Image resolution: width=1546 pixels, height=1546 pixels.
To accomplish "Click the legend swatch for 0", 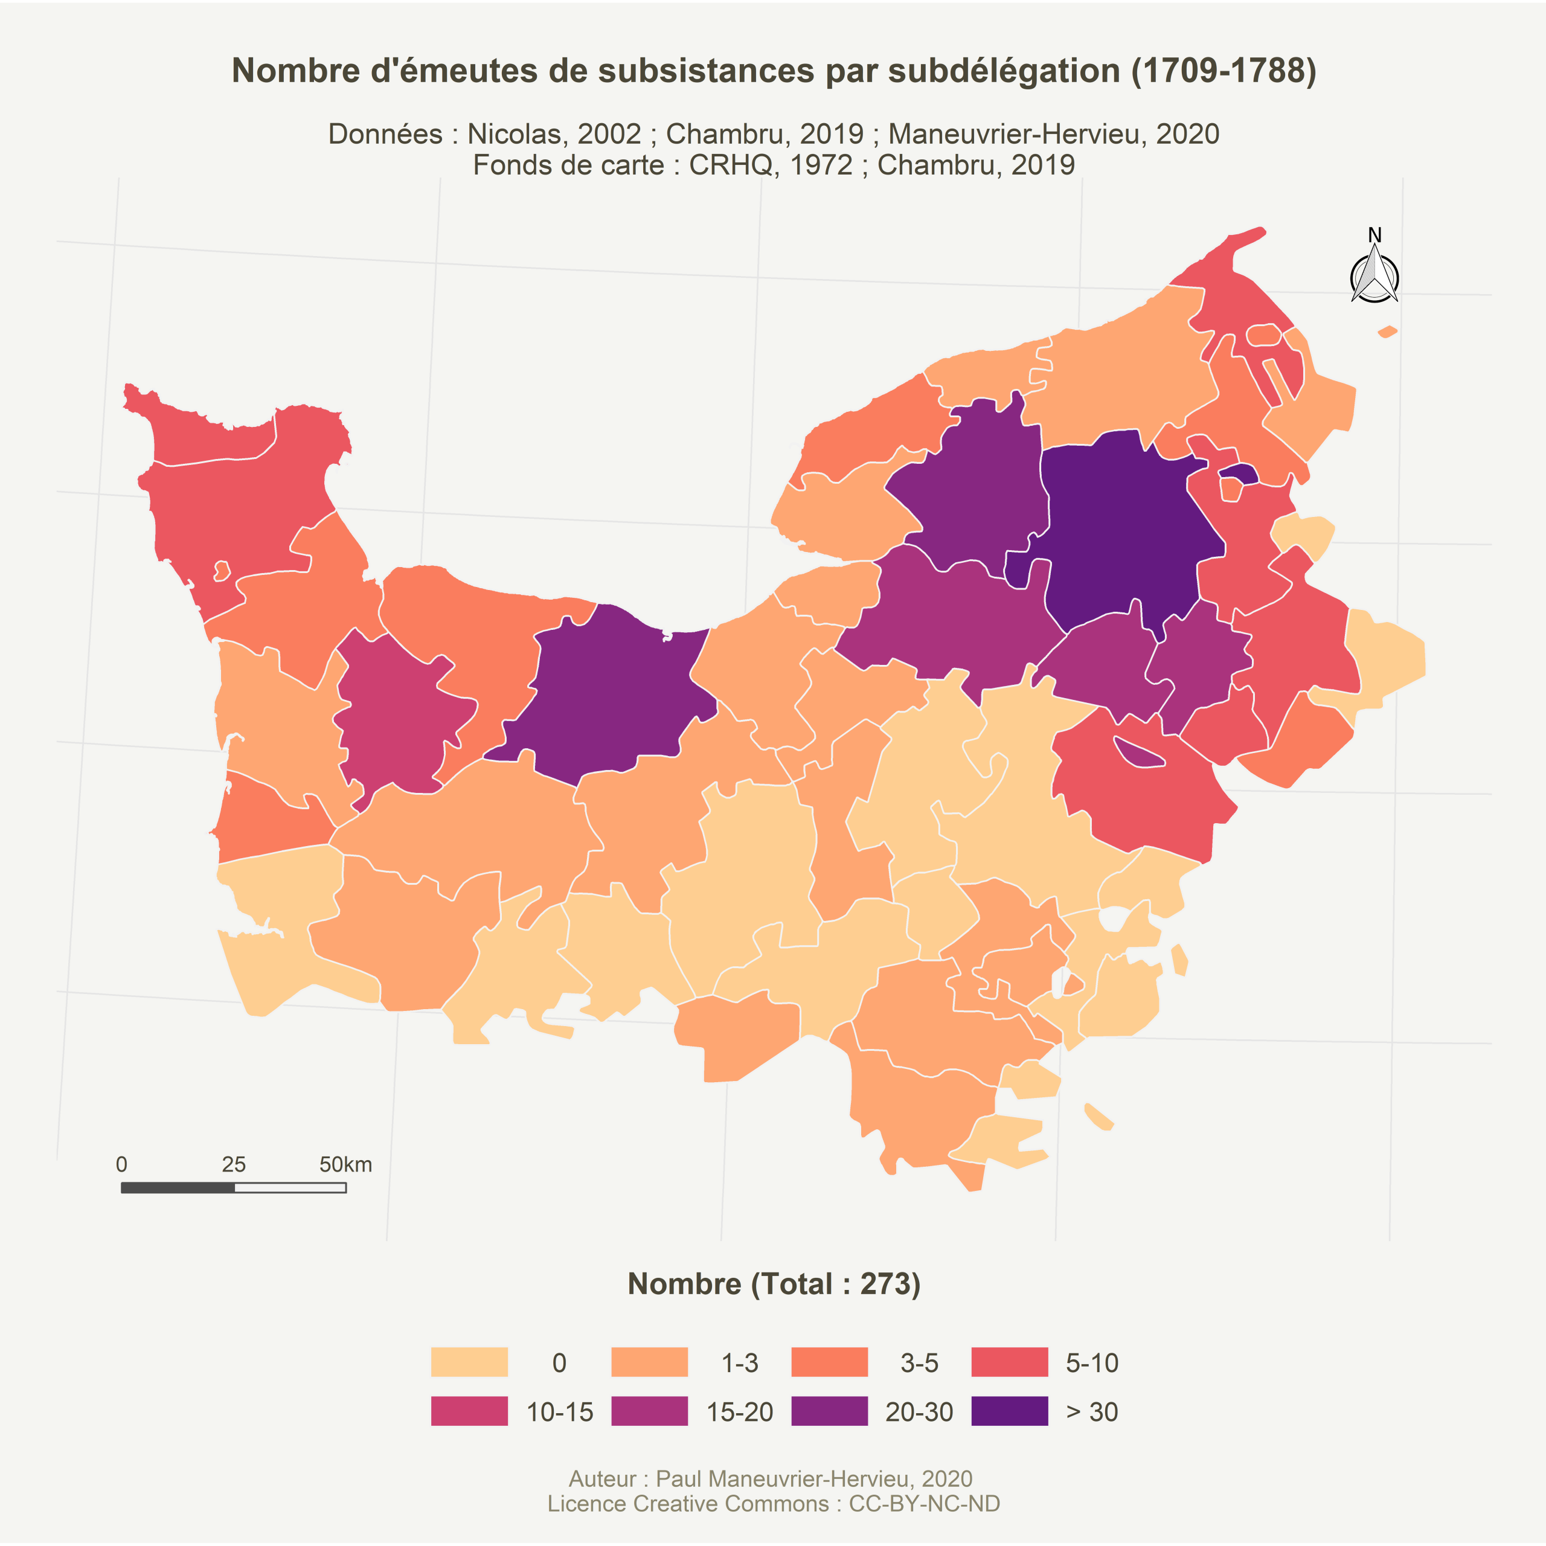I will [x=469, y=1362].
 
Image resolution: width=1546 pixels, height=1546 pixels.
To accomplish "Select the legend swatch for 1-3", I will [x=649, y=1362].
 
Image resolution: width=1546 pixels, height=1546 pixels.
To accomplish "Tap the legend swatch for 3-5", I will [x=829, y=1362].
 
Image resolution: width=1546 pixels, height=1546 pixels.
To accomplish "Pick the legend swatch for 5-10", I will [x=1009, y=1362].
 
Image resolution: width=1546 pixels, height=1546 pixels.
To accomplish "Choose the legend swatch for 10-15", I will [x=469, y=1411].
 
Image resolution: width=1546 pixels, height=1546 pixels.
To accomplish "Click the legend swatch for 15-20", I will [x=649, y=1411].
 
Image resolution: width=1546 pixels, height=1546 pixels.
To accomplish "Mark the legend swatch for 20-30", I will [x=829, y=1411].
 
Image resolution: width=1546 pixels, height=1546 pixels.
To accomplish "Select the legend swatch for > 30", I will [x=1009, y=1411].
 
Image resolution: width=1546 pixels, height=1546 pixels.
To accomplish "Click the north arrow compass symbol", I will [x=1374, y=276].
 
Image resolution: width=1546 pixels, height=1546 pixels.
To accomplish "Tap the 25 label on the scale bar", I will [x=234, y=1164].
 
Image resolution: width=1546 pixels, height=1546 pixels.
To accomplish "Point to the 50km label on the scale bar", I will [x=345, y=1164].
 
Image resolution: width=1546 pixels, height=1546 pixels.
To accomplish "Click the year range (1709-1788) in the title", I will [x=1224, y=71].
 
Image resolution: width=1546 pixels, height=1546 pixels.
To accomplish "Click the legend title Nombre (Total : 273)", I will [x=773, y=1283].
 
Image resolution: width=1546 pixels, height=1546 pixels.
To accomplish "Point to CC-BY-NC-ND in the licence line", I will [x=924, y=1504].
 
